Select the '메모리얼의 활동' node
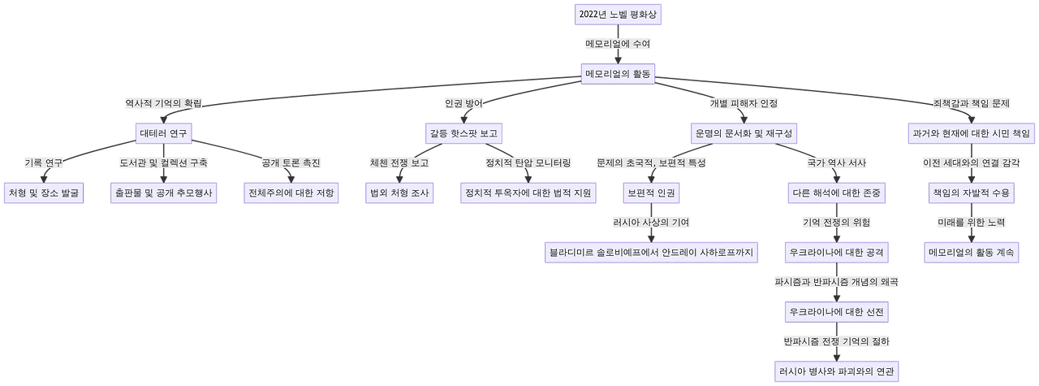click(619, 74)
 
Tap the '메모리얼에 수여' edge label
click(619, 43)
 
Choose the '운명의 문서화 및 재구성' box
click(744, 133)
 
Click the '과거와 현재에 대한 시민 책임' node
click(970, 133)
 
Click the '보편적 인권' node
click(649, 193)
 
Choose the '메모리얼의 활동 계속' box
click(970, 252)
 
